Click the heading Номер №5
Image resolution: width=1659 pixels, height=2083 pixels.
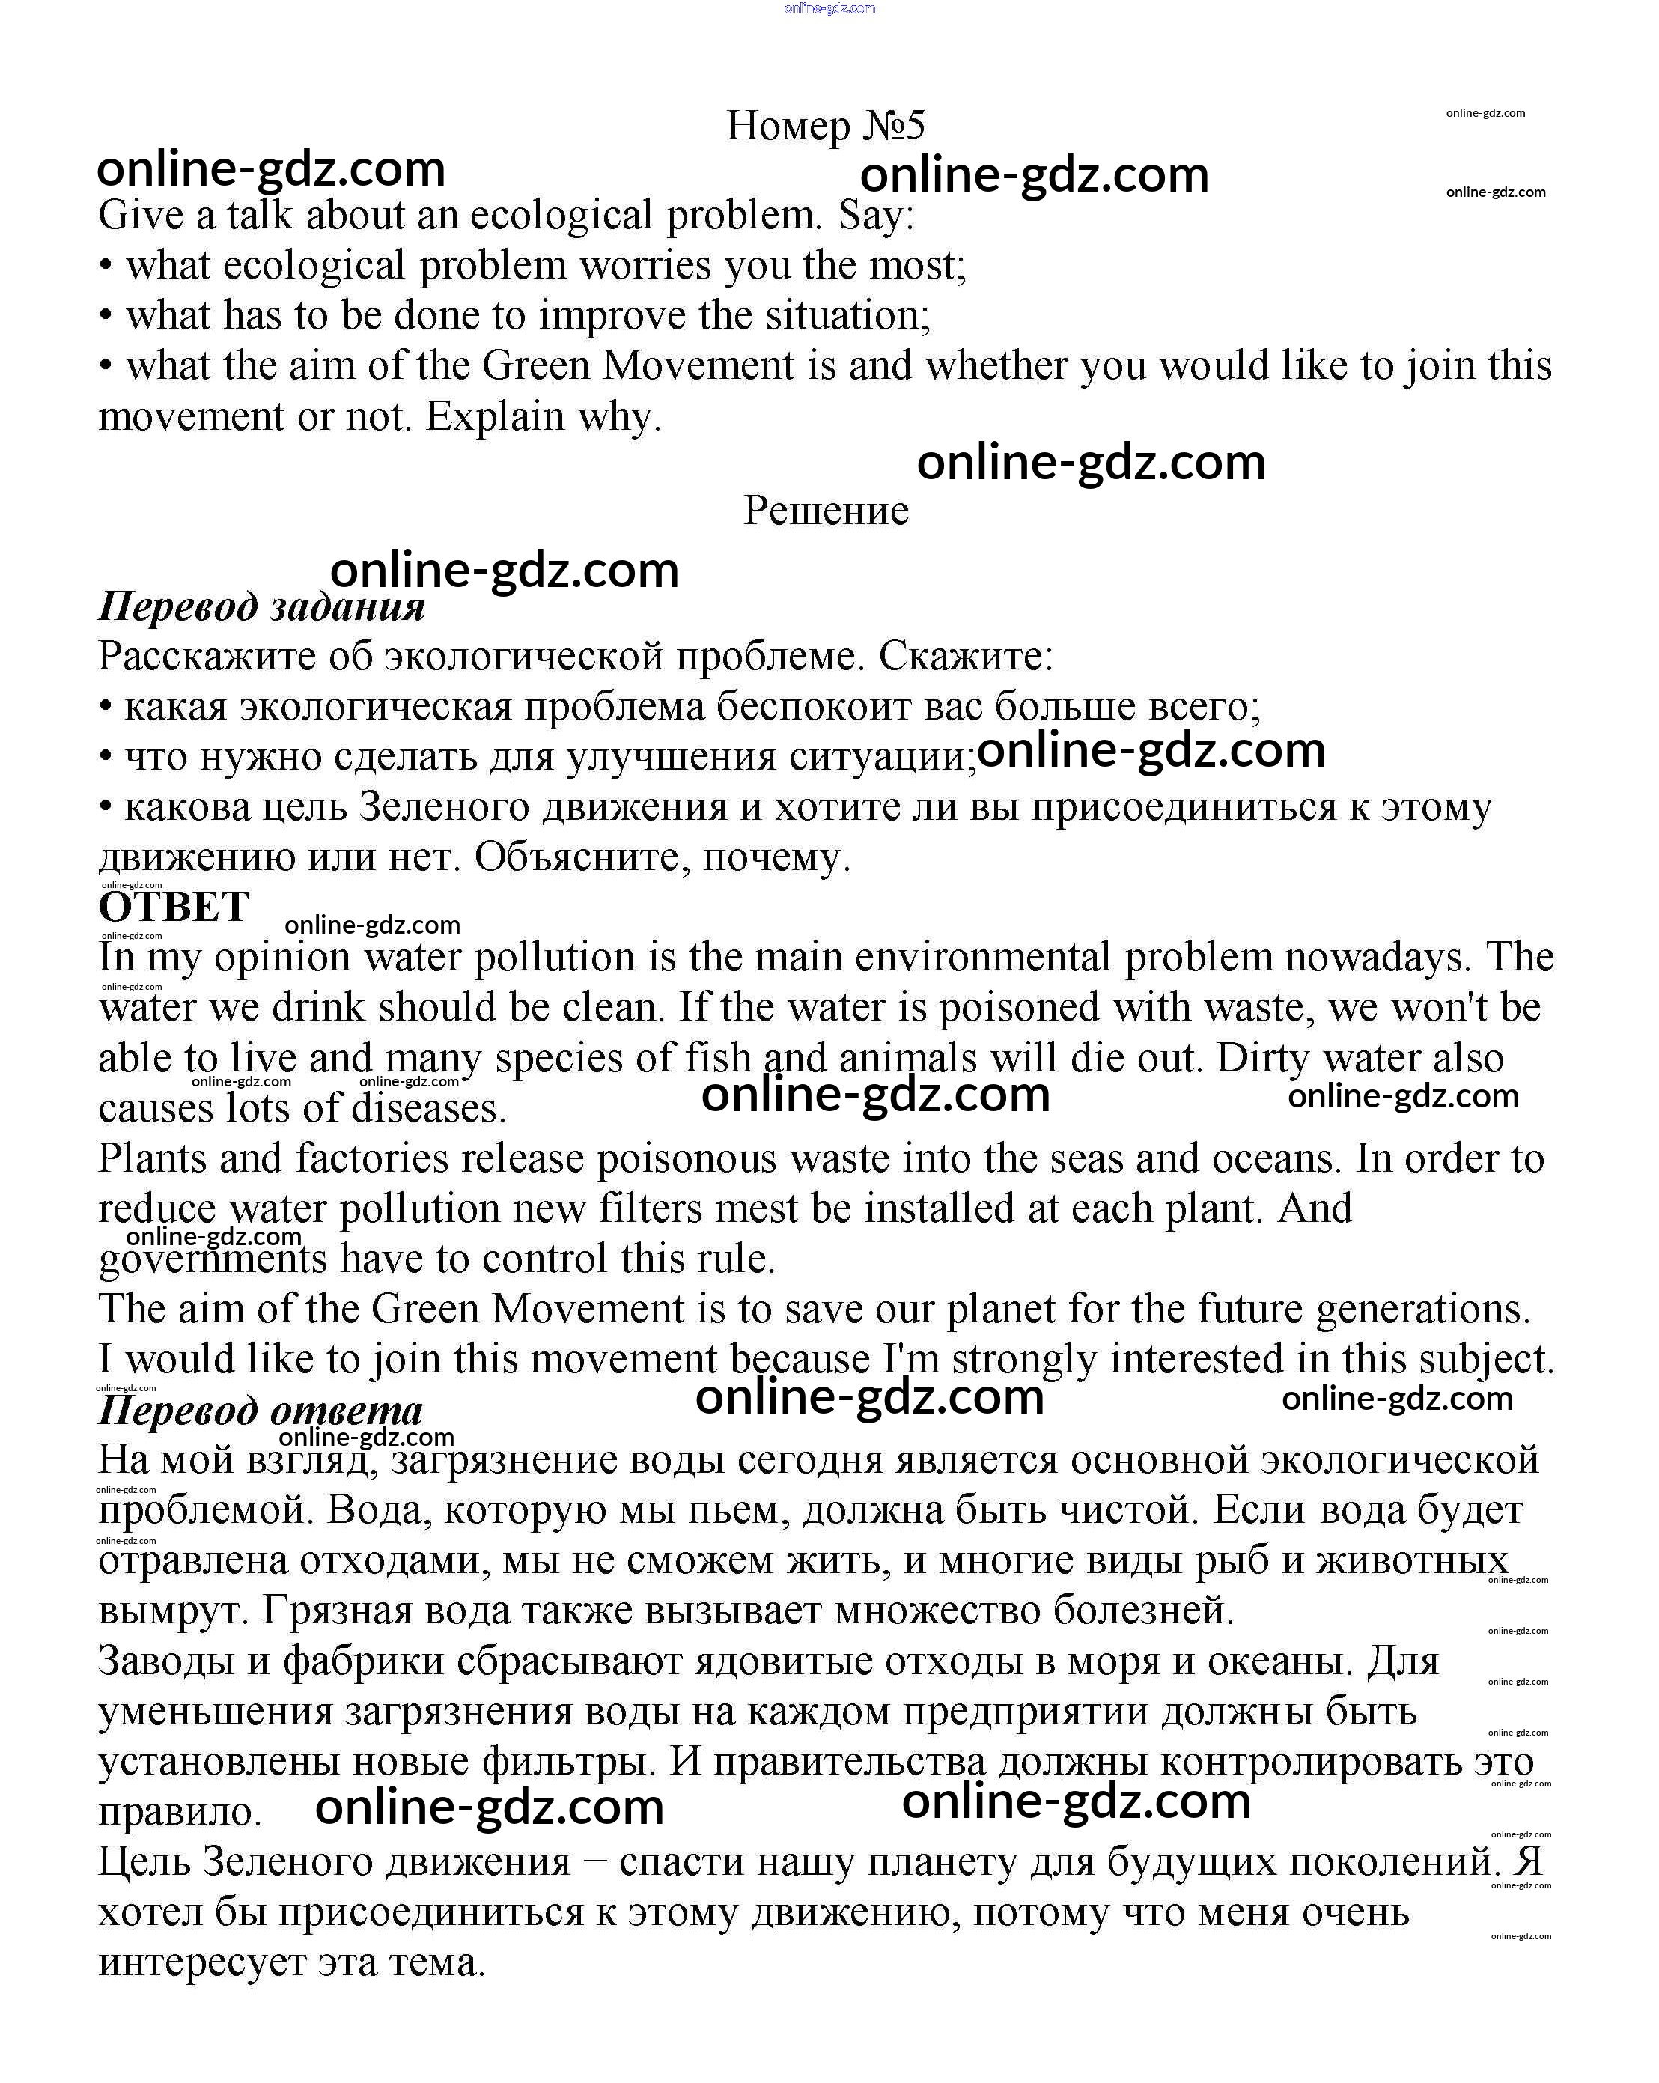tap(825, 126)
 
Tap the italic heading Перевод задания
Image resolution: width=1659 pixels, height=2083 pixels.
tap(261, 606)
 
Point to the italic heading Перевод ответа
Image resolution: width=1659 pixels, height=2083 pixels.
tap(260, 1411)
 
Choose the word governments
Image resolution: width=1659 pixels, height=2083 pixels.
tap(213, 1259)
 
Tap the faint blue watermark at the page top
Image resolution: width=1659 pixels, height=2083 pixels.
tap(829, 9)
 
